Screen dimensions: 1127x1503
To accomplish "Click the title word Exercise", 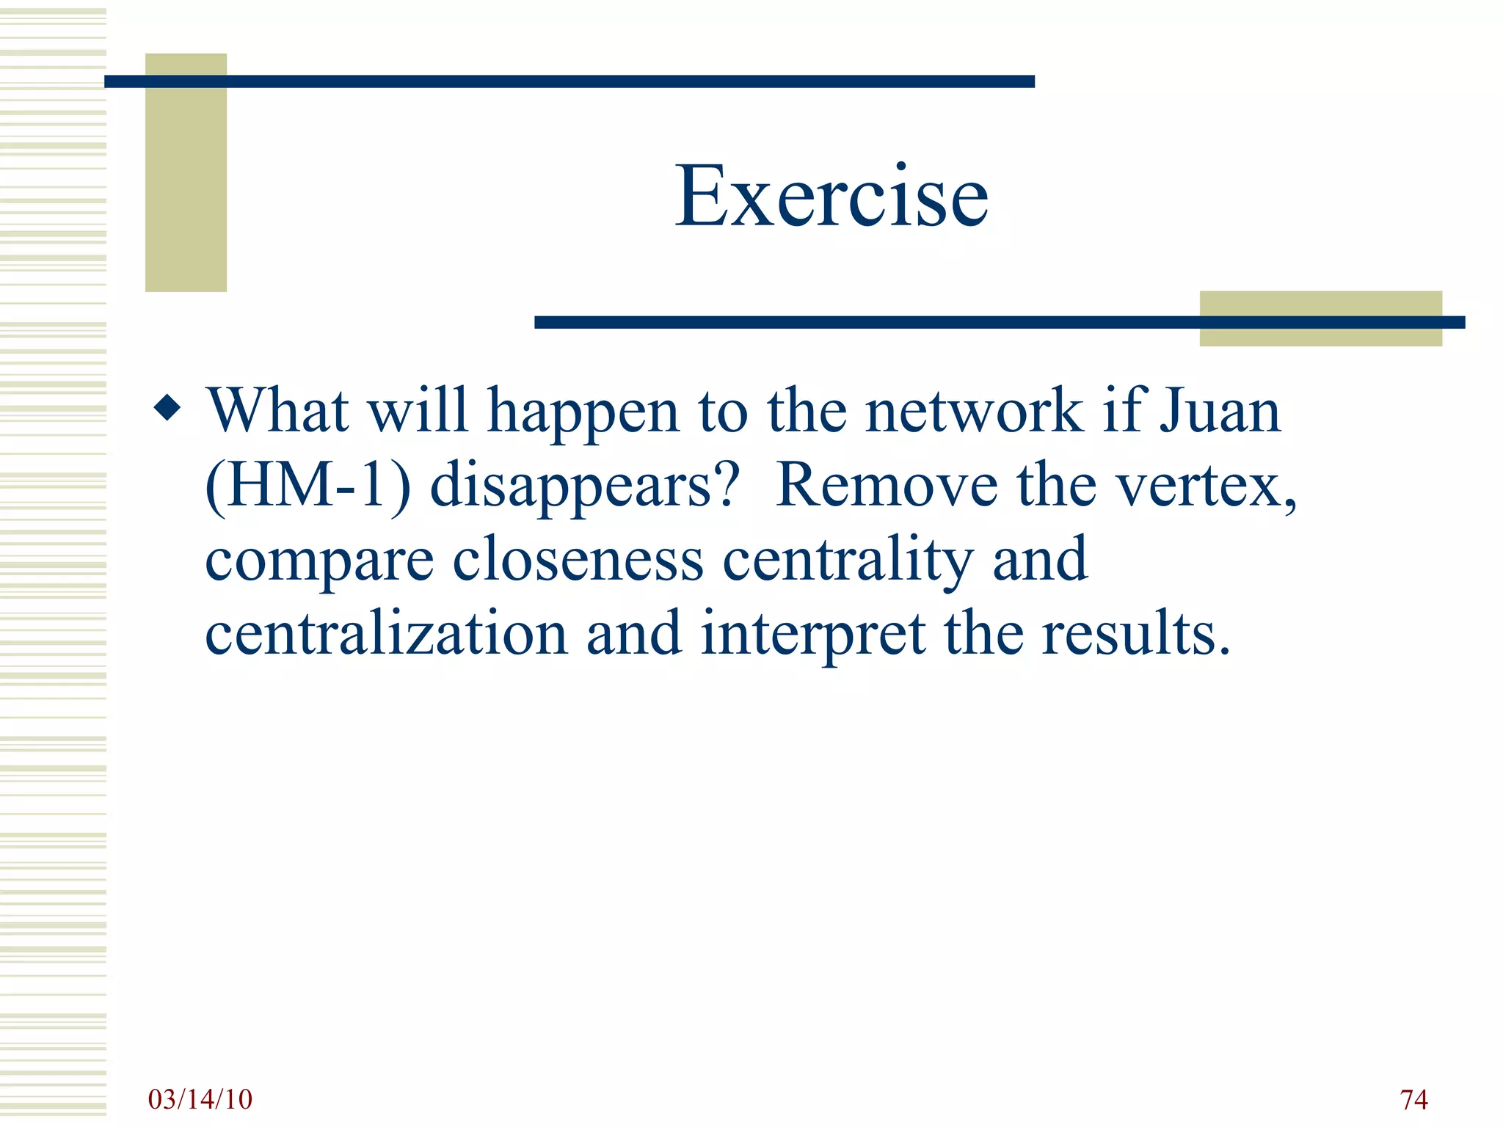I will (831, 197).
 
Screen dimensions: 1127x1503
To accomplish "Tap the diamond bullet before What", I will (167, 408).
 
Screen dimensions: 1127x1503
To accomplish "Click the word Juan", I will (1220, 411).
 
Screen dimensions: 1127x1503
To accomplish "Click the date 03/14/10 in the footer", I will (200, 1099).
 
